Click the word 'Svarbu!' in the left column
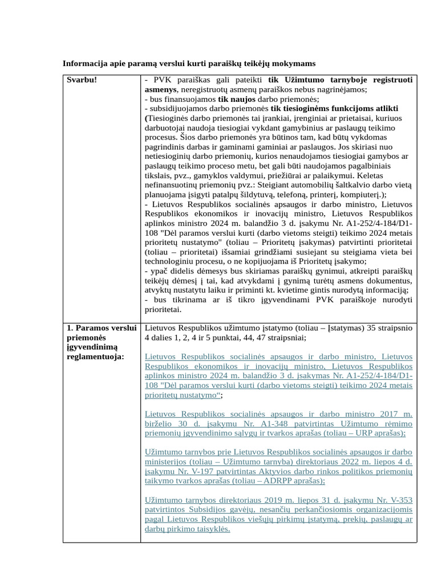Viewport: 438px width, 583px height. click(82, 80)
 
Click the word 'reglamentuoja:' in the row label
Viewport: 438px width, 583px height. click(95, 356)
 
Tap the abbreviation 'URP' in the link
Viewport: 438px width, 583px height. click(360, 433)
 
